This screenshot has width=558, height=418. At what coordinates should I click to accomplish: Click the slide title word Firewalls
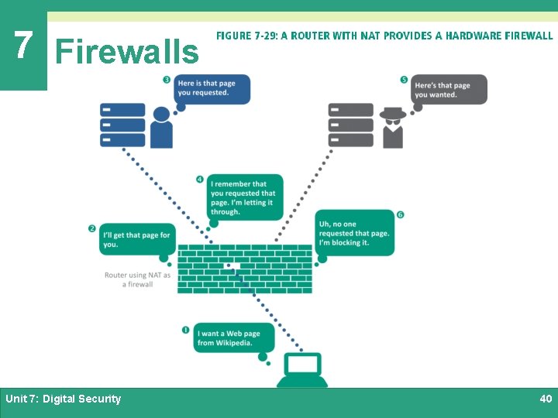(x=127, y=52)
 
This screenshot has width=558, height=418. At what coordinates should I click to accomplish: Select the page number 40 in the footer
(x=546, y=399)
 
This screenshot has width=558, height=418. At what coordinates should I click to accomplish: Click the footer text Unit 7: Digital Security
(x=64, y=399)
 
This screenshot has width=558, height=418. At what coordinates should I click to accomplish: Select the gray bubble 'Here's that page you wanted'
(x=449, y=90)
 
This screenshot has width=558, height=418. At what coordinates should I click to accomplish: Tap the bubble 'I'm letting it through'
(x=244, y=197)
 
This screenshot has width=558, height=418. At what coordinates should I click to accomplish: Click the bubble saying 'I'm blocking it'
(x=354, y=232)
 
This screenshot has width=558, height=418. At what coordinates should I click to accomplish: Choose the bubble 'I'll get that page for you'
(x=136, y=240)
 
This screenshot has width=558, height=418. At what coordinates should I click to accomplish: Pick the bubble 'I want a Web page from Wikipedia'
(x=233, y=337)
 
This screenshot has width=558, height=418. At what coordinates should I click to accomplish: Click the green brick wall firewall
(x=245, y=269)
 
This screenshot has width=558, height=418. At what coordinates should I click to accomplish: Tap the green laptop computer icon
(x=302, y=370)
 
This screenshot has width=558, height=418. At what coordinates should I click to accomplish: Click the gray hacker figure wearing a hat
(x=392, y=128)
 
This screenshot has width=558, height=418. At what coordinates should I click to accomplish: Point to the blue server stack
(x=122, y=125)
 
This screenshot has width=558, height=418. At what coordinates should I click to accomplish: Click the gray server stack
(x=350, y=125)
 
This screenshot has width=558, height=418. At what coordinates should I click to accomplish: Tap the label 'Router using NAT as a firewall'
(x=138, y=279)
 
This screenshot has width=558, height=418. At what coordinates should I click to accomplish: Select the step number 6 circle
(x=400, y=214)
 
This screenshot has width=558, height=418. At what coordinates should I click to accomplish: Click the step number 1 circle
(x=186, y=330)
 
